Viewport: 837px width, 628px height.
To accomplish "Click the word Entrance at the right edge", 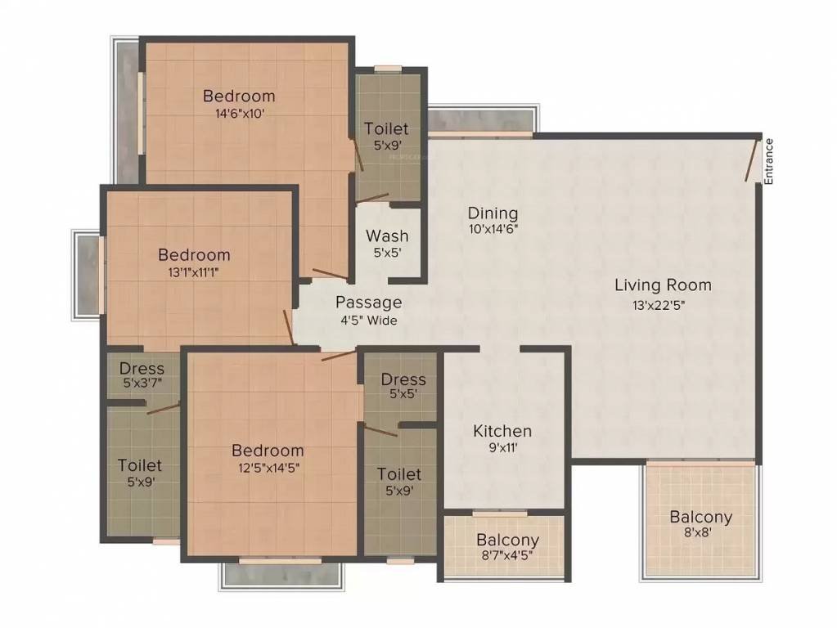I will coord(768,162).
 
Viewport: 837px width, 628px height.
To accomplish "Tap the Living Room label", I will coord(663,285).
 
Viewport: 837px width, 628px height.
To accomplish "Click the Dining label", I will coord(493,214).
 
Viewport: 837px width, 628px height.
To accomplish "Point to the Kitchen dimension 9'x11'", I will coord(502,447).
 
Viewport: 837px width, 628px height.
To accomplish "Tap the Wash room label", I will coord(386,238).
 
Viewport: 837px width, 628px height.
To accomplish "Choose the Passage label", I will coord(368,303).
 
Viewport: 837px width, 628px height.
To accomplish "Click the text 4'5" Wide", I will coord(368,321).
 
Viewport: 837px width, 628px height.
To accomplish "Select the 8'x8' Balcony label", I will coord(700,518).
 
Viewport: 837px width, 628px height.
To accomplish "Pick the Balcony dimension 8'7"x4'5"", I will coord(507,556).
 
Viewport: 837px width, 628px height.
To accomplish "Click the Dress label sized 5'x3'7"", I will coord(142,369).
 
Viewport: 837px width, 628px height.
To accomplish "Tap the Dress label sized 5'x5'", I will coord(403,379).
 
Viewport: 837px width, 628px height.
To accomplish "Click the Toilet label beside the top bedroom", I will coord(386,129).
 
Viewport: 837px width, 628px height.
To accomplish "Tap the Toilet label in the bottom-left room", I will coord(140,465).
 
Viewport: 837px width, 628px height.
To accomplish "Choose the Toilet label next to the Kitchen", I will coord(399,474).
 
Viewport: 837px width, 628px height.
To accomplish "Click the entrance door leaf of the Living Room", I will coord(751,160).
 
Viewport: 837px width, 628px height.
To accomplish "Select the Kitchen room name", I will coord(502,431).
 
